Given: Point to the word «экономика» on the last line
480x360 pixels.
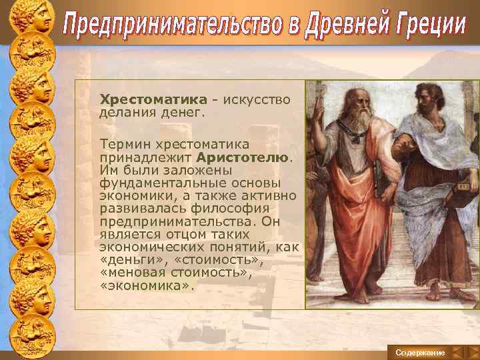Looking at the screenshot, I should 147,285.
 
